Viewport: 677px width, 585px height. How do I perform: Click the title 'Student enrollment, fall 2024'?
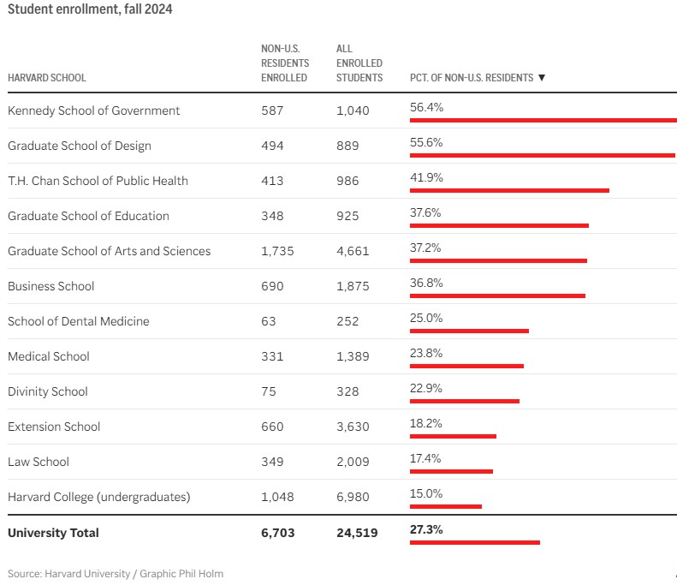(90, 9)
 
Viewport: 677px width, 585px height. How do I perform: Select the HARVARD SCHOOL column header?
(47, 78)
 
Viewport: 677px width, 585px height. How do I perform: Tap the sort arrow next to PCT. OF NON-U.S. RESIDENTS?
(542, 78)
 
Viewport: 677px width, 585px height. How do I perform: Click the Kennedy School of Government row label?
(93, 110)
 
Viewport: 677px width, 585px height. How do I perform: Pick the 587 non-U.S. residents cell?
(272, 110)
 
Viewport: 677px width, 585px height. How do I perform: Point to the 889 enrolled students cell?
(347, 146)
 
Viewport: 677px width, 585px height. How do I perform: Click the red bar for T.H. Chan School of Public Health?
(509, 190)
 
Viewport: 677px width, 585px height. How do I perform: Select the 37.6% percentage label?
(425, 212)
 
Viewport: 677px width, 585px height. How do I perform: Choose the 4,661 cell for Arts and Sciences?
(353, 251)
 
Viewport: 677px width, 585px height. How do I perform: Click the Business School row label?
(51, 286)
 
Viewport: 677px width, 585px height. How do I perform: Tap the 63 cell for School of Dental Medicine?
(268, 321)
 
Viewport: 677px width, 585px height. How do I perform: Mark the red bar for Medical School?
(466, 366)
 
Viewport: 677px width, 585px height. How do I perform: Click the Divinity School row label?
(48, 391)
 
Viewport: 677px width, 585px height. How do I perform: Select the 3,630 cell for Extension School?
(353, 427)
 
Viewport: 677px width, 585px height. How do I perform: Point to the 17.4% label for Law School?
(425, 458)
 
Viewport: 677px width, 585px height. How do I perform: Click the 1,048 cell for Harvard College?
(277, 497)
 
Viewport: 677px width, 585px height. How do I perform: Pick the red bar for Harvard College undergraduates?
(446, 506)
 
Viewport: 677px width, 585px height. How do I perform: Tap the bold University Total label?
(53, 533)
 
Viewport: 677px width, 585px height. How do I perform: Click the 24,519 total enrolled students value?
(357, 533)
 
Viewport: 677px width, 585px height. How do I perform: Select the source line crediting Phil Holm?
(116, 574)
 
